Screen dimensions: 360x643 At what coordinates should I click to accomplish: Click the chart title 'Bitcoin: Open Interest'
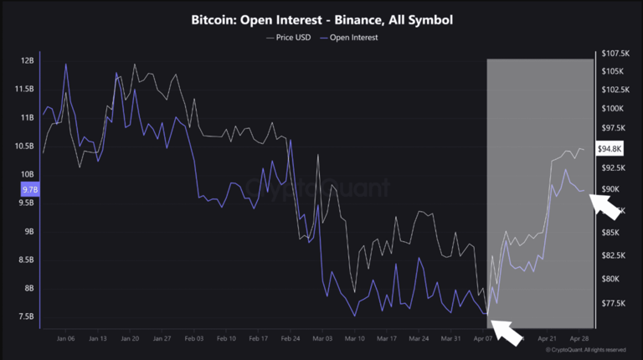[322, 19]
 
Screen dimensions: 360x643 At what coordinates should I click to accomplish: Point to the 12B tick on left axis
[28, 61]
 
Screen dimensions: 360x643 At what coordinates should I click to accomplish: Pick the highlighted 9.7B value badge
[28, 190]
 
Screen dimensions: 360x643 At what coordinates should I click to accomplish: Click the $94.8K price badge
[610, 149]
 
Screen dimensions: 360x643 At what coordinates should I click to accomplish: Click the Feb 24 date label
[291, 339]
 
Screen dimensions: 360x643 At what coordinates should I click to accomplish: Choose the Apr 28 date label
[579, 339]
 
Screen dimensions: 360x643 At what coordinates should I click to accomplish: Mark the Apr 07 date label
[483, 339]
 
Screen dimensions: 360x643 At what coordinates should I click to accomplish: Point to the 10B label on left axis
[28, 175]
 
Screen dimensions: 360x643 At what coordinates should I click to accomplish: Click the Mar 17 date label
[387, 339]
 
